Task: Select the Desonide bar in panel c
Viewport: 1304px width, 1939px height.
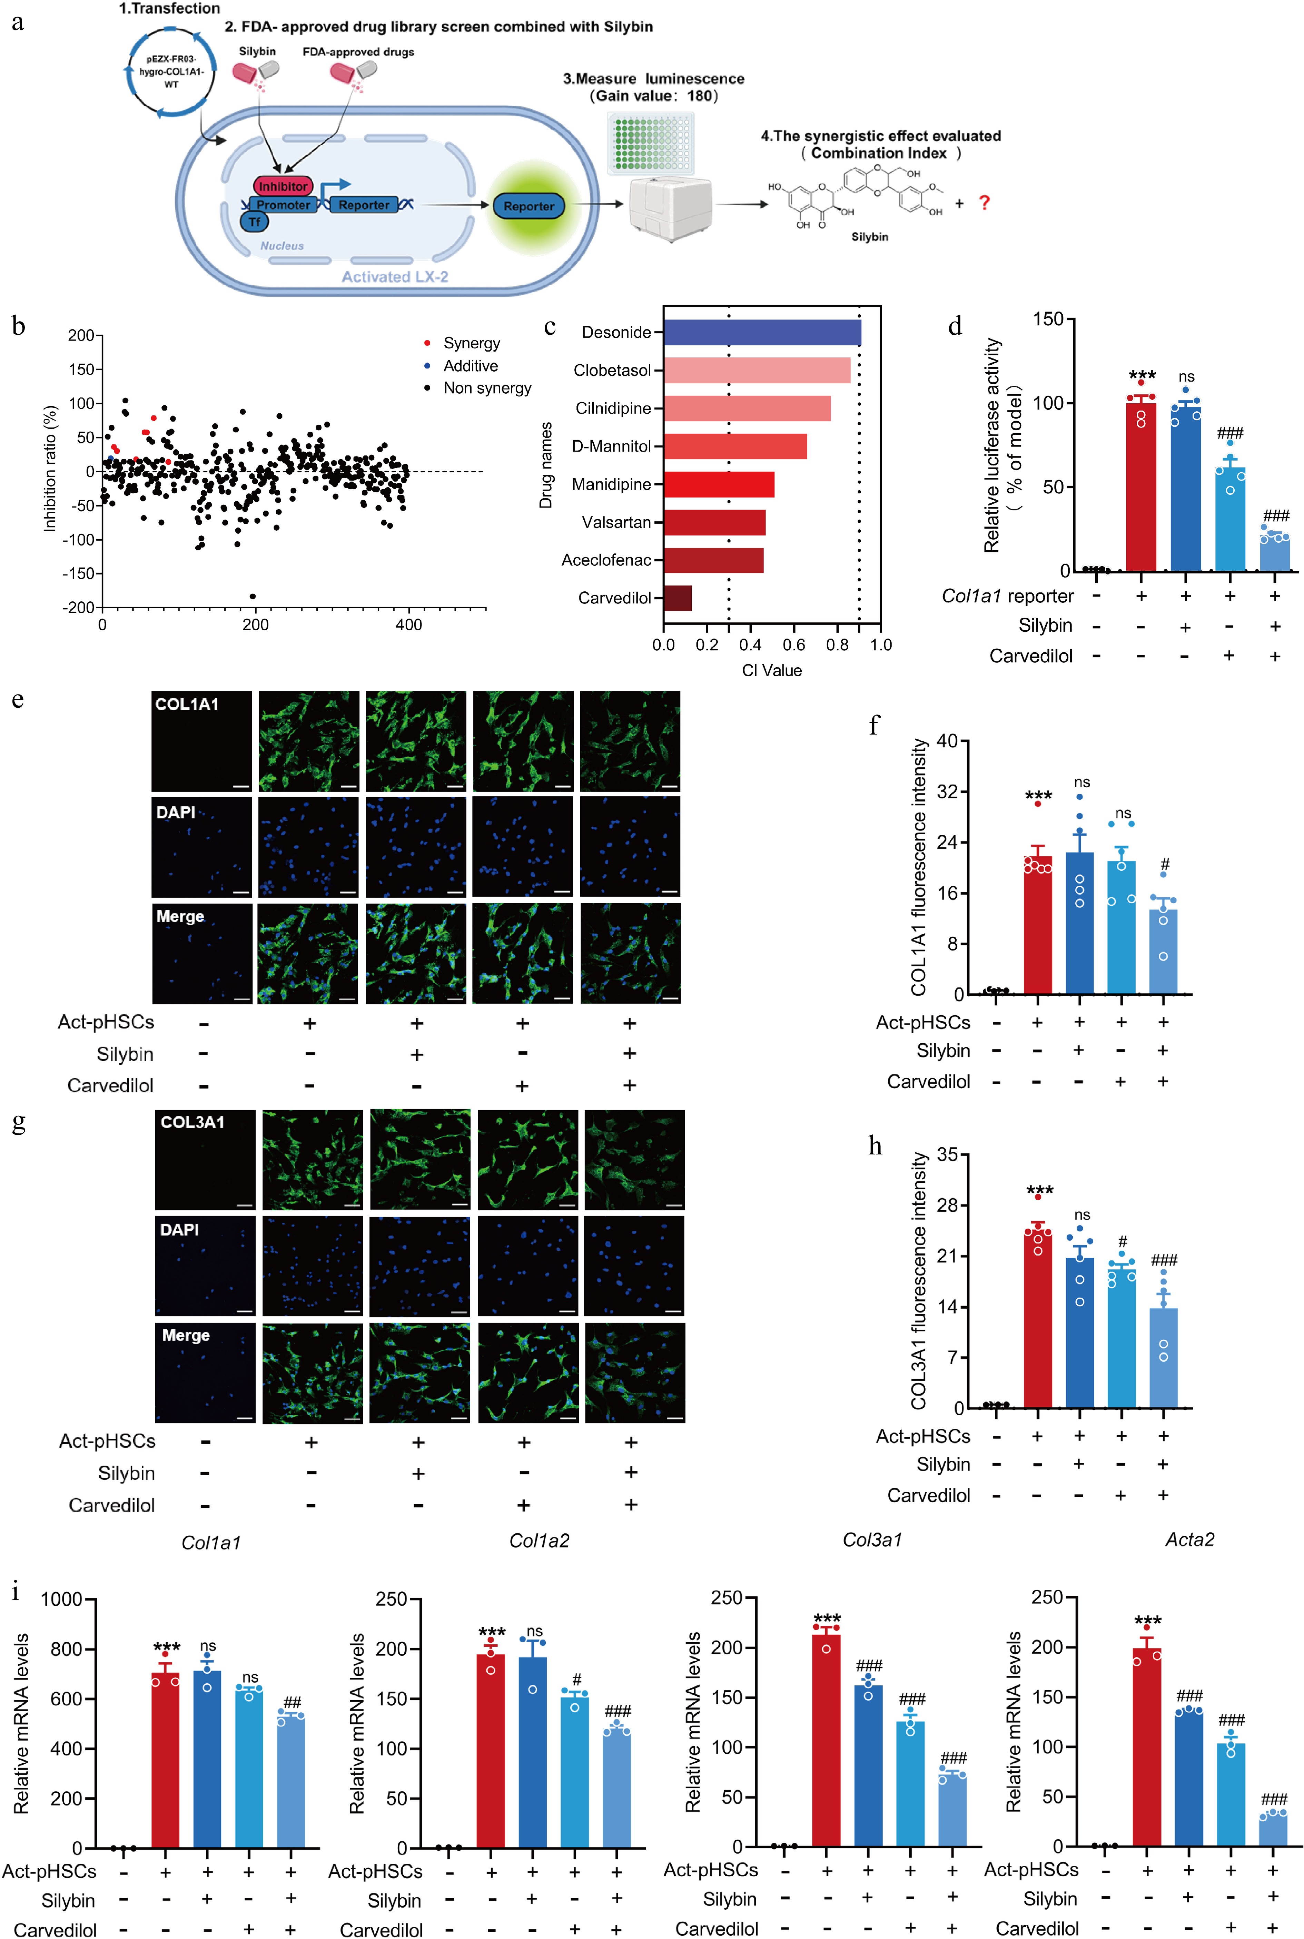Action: [762, 333]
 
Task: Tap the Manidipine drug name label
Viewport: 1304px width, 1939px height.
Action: [611, 484]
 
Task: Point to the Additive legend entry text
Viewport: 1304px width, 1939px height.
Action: [471, 366]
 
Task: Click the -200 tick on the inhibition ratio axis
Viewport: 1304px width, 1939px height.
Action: [81, 608]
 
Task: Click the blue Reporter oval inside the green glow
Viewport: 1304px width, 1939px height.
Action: [528, 206]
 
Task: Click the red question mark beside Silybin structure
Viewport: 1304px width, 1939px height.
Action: [985, 203]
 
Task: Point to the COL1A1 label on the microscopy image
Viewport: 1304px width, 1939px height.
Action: [187, 704]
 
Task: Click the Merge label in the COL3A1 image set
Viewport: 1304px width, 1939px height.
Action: [186, 1335]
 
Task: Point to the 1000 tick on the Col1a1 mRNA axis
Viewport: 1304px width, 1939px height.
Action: [61, 1599]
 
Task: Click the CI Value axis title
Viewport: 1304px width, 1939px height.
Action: [772, 670]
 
